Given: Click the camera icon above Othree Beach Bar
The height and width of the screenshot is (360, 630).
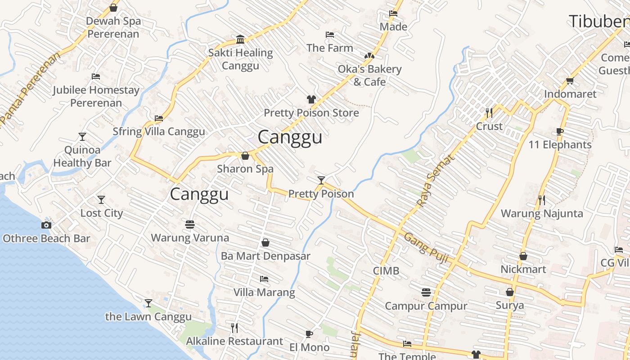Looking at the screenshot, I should pyautogui.click(x=46, y=225).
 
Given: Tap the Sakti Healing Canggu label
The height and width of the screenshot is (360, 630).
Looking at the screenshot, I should pyautogui.click(x=240, y=59).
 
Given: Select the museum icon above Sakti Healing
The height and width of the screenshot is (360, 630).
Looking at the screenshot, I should pyautogui.click(x=240, y=39).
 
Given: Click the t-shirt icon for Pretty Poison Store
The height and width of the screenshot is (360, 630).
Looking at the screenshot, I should pyautogui.click(x=311, y=99).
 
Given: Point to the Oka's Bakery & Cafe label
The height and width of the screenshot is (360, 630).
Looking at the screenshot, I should pyautogui.click(x=369, y=75).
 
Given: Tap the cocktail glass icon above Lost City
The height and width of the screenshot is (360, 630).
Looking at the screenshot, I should pyautogui.click(x=101, y=199).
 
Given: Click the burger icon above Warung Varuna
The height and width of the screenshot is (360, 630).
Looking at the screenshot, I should pyautogui.click(x=189, y=224).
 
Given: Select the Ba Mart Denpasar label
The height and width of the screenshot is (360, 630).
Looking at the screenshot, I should pyautogui.click(x=265, y=256).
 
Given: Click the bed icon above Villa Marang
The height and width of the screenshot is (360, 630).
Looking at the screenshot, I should pyautogui.click(x=264, y=279).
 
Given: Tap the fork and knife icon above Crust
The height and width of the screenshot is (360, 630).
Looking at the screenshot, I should pyautogui.click(x=489, y=112).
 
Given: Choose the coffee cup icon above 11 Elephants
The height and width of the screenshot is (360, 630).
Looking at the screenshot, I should pyautogui.click(x=560, y=131).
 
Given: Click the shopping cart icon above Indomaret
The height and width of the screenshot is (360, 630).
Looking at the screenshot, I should pyautogui.click(x=570, y=81).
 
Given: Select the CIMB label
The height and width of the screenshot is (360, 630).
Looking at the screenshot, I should pyautogui.click(x=386, y=270).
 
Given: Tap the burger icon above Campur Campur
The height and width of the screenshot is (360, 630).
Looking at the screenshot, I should pyautogui.click(x=426, y=292).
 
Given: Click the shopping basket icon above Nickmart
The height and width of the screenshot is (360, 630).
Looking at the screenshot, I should pyautogui.click(x=523, y=256).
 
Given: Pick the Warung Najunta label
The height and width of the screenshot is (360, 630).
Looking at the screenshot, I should pyautogui.click(x=542, y=213).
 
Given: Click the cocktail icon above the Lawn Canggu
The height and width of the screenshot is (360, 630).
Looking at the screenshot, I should pyautogui.click(x=148, y=303).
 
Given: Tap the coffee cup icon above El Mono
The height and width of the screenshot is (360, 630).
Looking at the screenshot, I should pyautogui.click(x=309, y=334).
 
